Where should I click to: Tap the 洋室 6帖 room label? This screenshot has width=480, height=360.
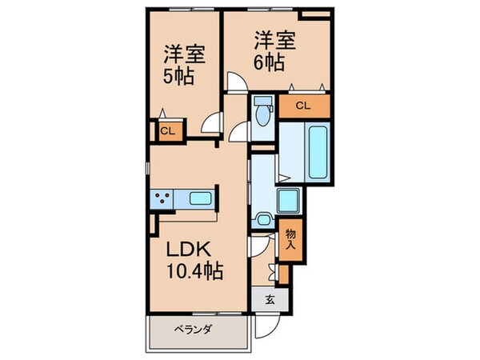tap(270, 50)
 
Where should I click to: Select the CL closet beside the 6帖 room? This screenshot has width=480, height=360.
tap(304, 106)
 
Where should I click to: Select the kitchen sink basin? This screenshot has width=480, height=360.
tap(199, 198)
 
